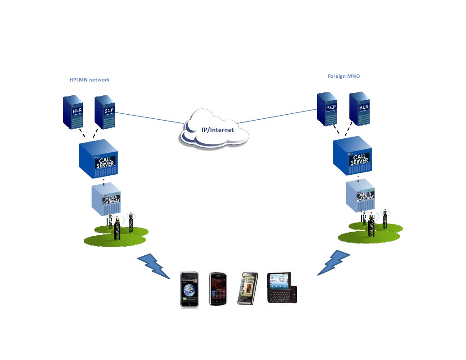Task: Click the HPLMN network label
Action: [89, 80]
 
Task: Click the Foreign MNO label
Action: [343, 76]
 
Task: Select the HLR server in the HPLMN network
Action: [73, 112]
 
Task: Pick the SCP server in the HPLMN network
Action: [105, 112]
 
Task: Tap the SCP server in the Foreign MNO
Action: [329, 109]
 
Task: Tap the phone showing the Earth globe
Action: [189, 289]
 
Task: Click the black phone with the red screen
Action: [218, 289]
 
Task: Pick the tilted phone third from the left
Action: [247, 288]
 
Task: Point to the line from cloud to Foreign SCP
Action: [278, 116]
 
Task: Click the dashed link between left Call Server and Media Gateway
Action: [104, 181]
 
